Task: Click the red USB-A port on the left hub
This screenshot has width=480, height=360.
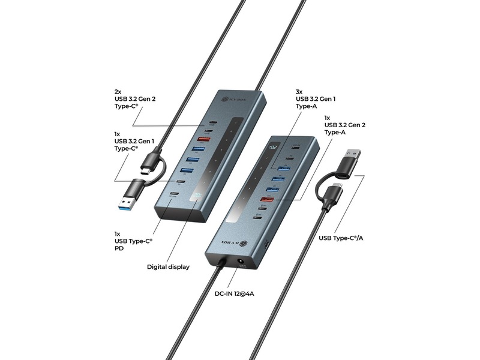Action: click(203, 139)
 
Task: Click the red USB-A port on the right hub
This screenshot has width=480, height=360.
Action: click(268, 199)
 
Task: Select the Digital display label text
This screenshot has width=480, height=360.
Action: click(169, 266)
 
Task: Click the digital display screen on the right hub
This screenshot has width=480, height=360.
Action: click(273, 146)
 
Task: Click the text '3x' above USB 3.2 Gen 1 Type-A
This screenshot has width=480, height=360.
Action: click(299, 91)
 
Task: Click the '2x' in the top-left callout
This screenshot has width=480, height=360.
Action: click(118, 91)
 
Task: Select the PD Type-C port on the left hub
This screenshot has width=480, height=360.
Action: click(174, 194)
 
